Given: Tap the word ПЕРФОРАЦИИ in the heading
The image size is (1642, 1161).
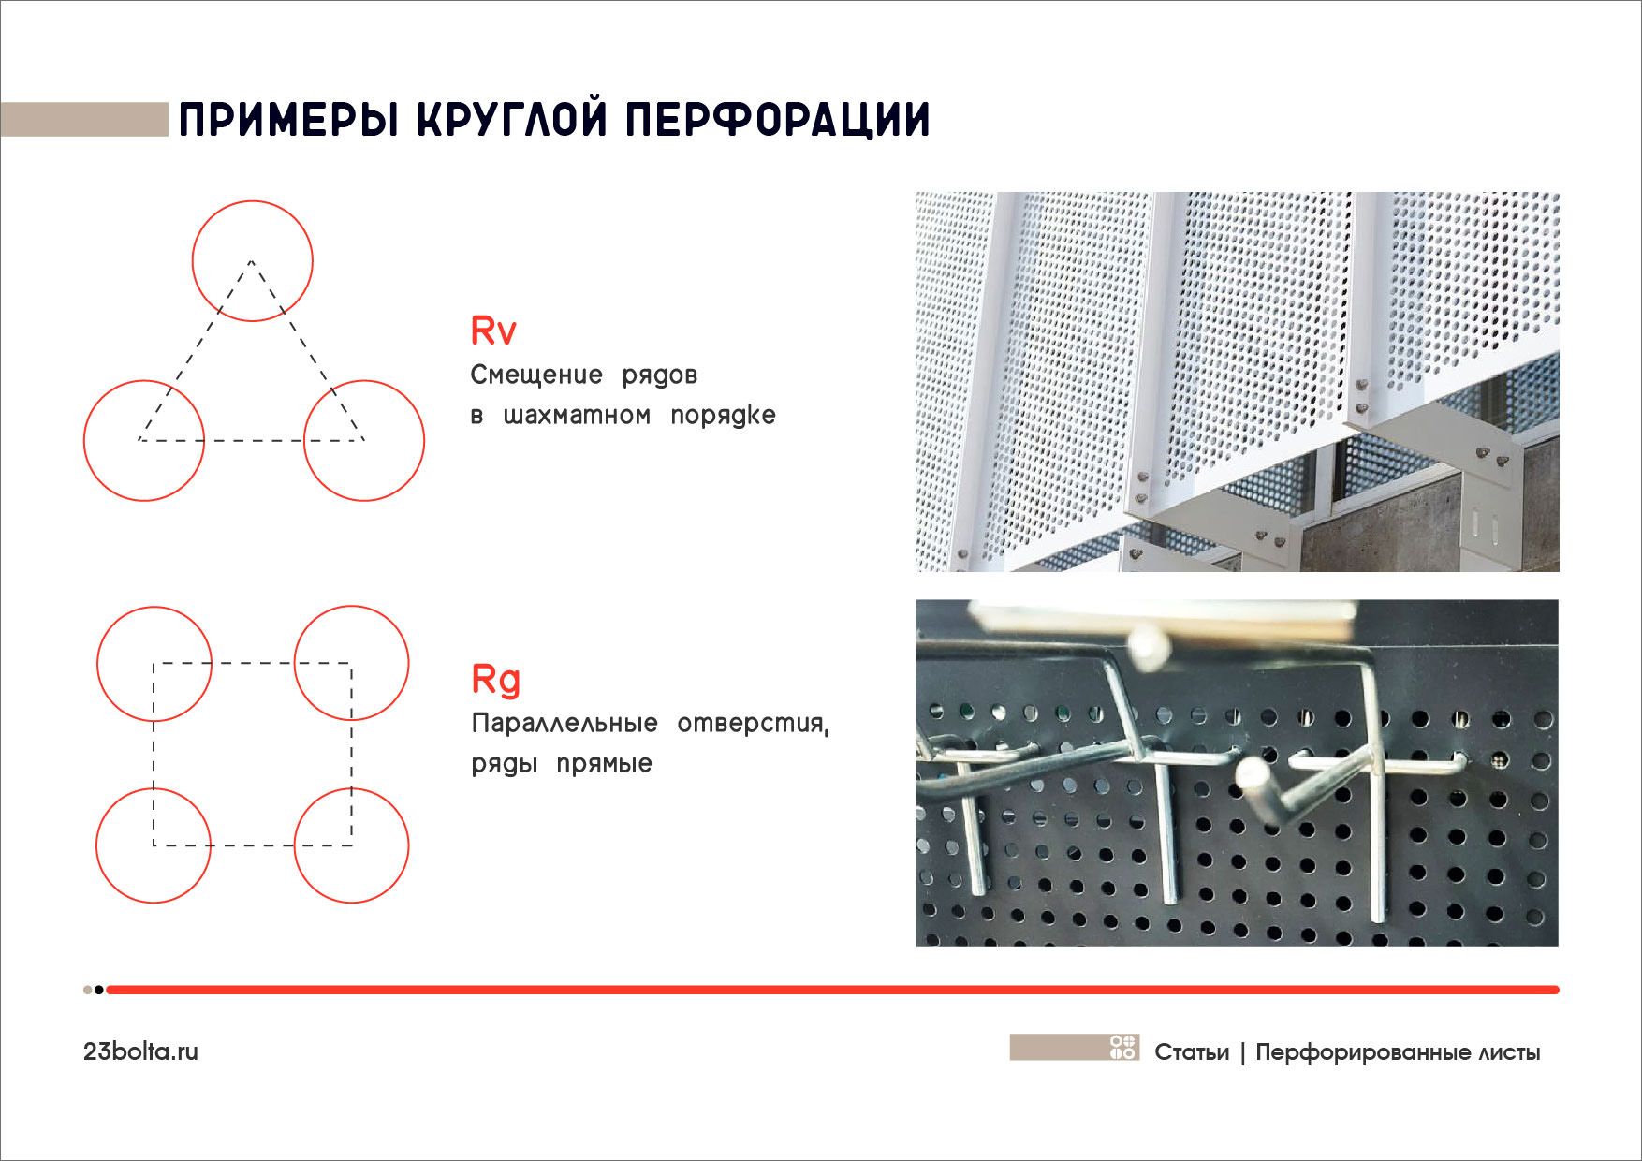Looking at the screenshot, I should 777,120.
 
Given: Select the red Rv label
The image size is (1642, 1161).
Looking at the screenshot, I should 493,331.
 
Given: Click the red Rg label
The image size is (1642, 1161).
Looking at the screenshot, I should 495,680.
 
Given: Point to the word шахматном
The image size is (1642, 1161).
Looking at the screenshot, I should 577,415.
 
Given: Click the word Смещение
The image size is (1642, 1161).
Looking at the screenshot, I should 536,375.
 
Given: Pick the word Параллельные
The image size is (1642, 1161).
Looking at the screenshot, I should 564,723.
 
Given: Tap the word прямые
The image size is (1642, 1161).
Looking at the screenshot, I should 604,763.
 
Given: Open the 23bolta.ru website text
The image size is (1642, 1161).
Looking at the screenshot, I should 140,1051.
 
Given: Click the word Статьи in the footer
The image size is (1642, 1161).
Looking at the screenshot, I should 1192,1052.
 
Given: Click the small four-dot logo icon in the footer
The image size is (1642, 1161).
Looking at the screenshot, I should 1122,1048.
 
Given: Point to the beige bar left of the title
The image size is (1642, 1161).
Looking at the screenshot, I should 84,120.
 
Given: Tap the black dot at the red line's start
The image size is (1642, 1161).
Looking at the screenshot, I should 99,990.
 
